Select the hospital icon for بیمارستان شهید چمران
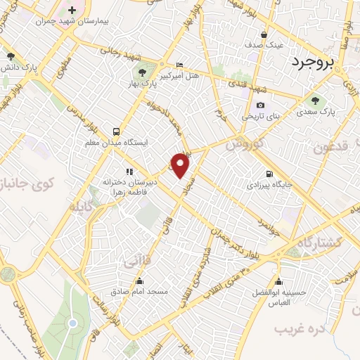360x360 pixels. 72,11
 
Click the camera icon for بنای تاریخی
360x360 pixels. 260,105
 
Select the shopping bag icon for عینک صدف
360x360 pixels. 264,34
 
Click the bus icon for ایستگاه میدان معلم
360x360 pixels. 116,131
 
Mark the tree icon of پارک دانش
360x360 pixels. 10,56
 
